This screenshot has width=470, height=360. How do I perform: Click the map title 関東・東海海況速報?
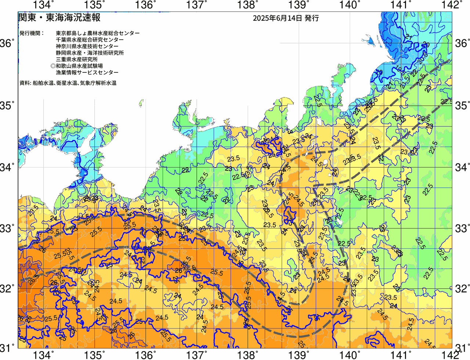tap(59, 18)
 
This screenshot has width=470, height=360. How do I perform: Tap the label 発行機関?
tap(32, 33)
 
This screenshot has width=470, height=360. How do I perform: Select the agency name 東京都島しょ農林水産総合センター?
tap(98, 33)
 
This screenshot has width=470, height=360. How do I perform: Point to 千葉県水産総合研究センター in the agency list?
tap(90, 40)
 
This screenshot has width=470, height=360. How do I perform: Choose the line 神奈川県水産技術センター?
tap(87, 46)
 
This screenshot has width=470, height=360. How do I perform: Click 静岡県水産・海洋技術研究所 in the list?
tap(90, 53)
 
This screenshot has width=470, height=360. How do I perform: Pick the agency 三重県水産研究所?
tap(77, 60)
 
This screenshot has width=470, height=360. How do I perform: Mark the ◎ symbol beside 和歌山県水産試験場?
tap(53, 66)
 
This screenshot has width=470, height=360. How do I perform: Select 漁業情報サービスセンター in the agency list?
tap(87, 73)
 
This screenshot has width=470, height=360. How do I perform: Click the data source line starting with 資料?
tap(68, 83)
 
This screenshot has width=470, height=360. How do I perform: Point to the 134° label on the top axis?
tap(43, 5)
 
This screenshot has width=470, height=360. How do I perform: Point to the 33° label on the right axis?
tap(462, 228)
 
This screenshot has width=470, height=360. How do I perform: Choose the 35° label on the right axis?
tap(462, 106)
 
